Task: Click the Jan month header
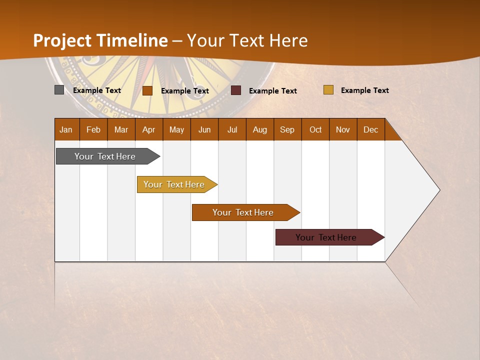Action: pos(66,129)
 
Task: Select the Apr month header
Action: pos(149,129)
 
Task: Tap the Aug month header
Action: pos(260,129)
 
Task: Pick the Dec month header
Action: pos(371,129)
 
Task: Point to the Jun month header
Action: pos(204,129)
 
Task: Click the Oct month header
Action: pos(315,129)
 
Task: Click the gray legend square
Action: pos(59,90)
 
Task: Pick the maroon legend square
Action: pos(236,90)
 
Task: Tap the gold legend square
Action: pos(328,90)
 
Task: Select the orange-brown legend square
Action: pos(147,90)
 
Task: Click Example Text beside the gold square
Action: pos(364,90)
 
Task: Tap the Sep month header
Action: pos(287,129)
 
